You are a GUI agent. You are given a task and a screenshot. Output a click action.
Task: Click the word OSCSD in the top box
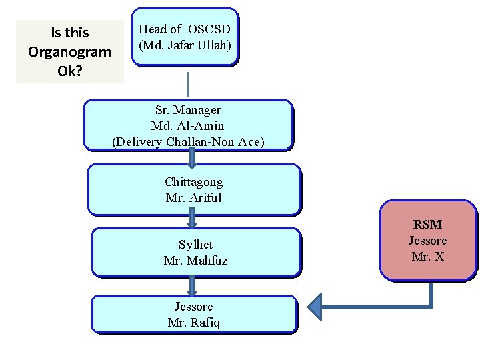[x=209, y=29]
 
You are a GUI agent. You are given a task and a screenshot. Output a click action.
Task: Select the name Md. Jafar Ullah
[x=185, y=45]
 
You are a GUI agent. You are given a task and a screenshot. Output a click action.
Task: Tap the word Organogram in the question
[x=70, y=51]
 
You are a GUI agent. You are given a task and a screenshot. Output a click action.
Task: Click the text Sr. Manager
[x=188, y=109]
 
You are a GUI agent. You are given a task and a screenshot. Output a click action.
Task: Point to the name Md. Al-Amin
[x=188, y=125]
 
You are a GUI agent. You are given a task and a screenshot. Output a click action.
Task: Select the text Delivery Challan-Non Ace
[x=188, y=141]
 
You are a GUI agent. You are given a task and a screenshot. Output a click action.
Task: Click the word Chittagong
[x=194, y=181]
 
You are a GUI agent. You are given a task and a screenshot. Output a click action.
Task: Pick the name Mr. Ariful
[x=194, y=197]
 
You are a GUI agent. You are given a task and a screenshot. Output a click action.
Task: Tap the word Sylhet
[x=195, y=245]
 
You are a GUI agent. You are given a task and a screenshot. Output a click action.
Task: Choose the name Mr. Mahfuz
[x=195, y=261]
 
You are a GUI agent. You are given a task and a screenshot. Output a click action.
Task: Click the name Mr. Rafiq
[x=194, y=323]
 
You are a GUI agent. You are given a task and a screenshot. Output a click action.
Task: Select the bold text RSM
[x=427, y=225]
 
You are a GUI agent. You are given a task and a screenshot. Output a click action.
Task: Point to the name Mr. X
[x=427, y=256]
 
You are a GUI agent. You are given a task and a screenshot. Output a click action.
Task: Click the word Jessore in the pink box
[x=427, y=240]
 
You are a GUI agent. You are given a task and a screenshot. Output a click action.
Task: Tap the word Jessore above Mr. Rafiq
[x=194, y=307]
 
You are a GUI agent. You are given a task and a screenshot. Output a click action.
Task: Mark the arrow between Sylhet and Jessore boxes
[x=193, y=286]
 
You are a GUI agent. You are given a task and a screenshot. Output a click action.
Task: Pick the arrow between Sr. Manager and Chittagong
[x=193, y=158]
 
